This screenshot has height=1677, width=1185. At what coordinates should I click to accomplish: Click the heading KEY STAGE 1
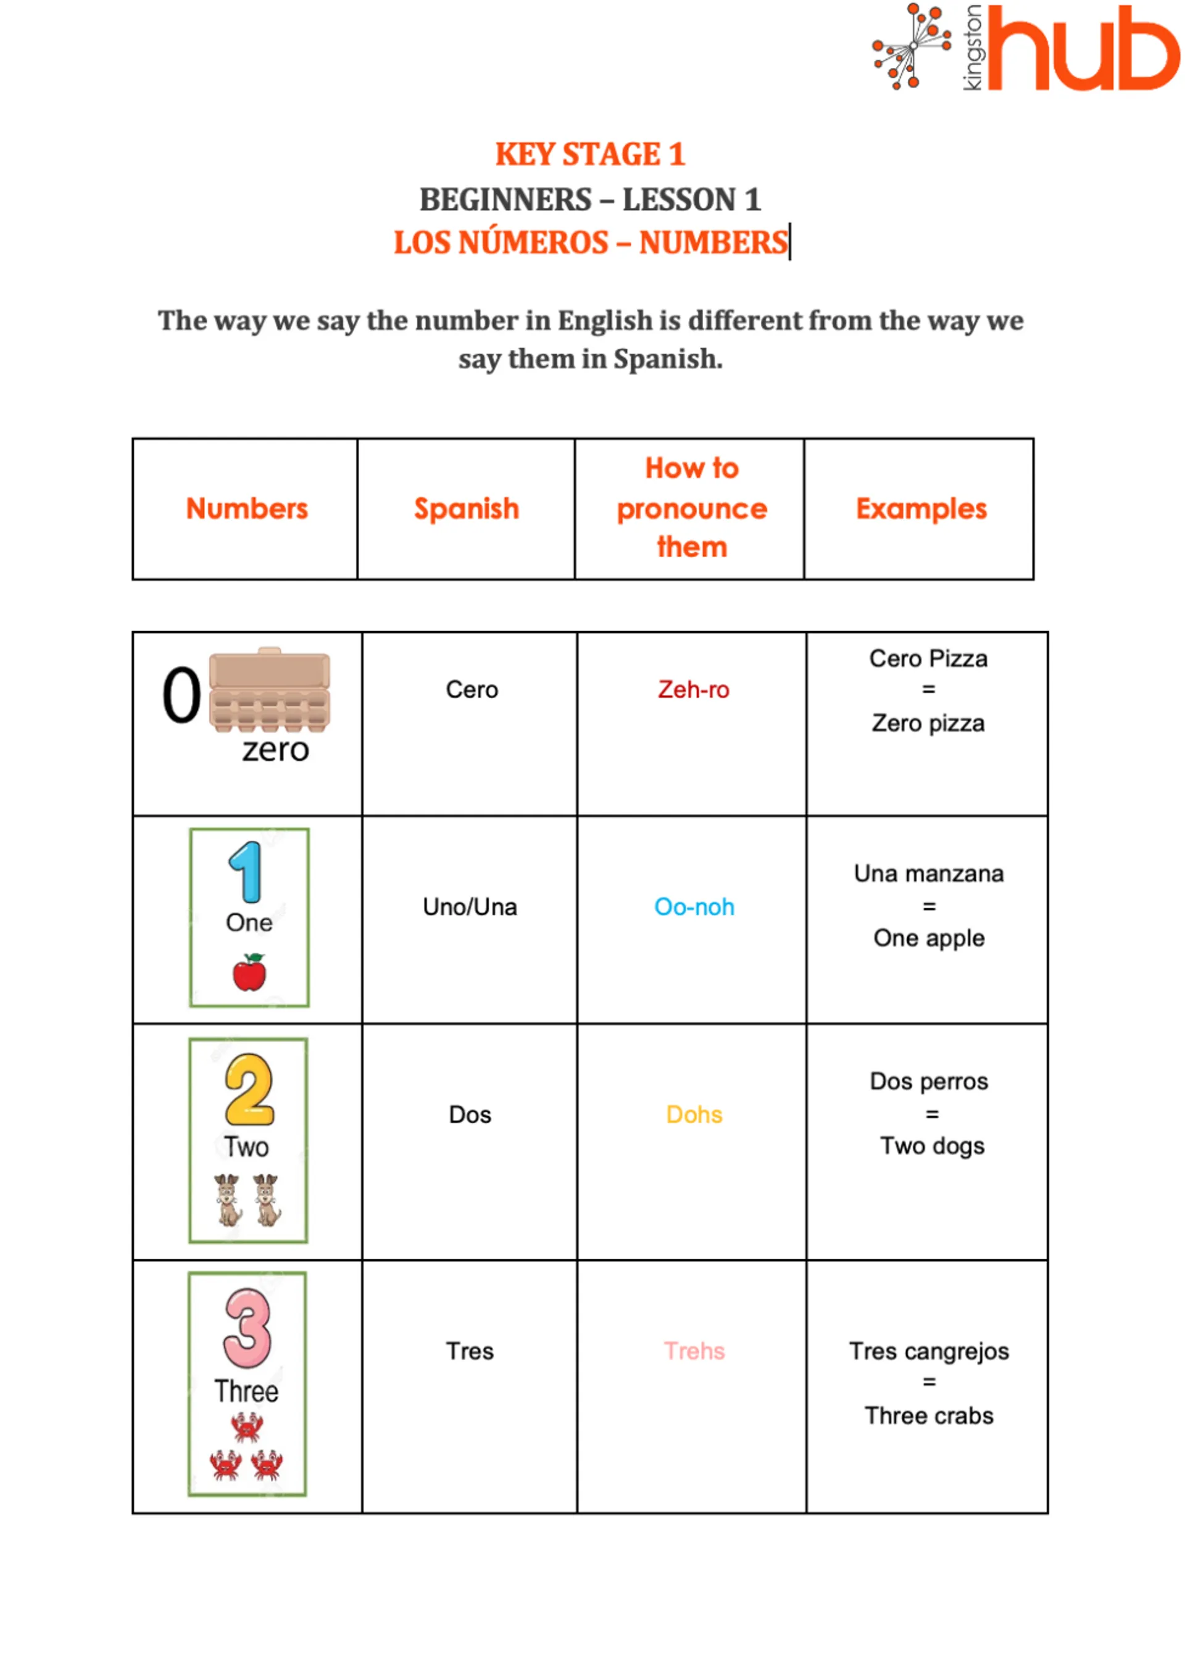pyautogui.click(x=590, y=154)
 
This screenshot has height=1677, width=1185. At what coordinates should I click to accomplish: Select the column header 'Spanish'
pyautogui.click(x=466, y=509)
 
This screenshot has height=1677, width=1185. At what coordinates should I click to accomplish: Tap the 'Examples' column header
pyautogui.click(x=921, y=509)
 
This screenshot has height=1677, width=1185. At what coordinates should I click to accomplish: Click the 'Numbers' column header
pyautogui.click(x=247, y=509)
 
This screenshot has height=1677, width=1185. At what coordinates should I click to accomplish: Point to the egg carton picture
pyautogui.click(x=270, y=690)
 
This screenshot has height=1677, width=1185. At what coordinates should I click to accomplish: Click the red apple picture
pyautogui.click(x=249, y=973)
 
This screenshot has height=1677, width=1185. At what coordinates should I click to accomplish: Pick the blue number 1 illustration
pyautogui.click(x=246, y=871)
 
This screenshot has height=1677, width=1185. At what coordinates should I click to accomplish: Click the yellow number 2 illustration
pyautogui.click(x=249, y=1089)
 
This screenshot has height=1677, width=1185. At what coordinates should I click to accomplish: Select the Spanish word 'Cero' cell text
pyautogui.click(x=472, y=690)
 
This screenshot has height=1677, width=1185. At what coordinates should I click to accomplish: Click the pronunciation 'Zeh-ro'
pyautogui.click(x=693, y=690)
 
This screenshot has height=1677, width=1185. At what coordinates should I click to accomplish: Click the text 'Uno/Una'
pyautogui.click(x=470, y=907)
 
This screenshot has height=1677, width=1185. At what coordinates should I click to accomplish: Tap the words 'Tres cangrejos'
pyautogui.click(x=929, y=1351)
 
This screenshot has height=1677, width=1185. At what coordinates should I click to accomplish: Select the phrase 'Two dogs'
pyautogui.click(x=932, y=1146)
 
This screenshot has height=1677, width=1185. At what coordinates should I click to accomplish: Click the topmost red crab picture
pyautogui.click(x=247, y=1426)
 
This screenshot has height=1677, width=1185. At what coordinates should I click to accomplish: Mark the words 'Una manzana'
pyautogui.click(x=929, y=874)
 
